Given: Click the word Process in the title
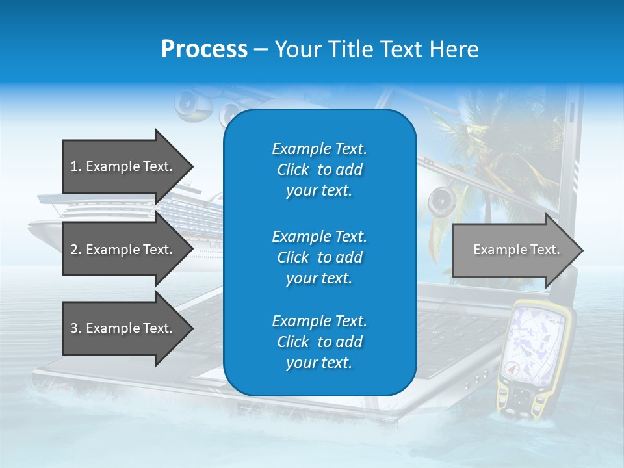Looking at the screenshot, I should tap(204, 49).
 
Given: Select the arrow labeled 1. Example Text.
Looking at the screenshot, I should tap(123, 166).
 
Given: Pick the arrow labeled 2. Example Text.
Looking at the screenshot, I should tap(123, 250).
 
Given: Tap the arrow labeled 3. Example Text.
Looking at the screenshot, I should tap(123, 328).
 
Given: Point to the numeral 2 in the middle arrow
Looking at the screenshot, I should tap(75, 250).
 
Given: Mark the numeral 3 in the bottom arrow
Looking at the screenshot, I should tap(75, 328).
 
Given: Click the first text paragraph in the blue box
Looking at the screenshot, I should tap(319, 170).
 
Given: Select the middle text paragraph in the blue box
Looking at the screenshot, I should tap(319, 257).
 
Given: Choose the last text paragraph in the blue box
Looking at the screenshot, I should tap(319, 342).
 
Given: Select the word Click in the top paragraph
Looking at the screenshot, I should tap(293, 170).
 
